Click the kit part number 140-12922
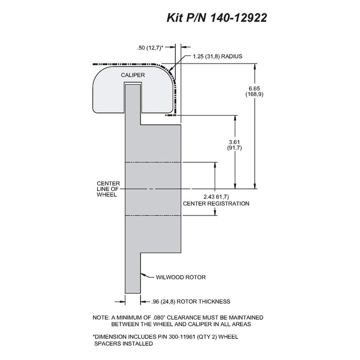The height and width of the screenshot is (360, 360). click(x=238, y=18)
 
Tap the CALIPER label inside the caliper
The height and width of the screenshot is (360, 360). click(x=133, y=75)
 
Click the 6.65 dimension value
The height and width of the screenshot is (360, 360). click(x=255, y=89)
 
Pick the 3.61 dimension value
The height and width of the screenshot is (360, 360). click(x=234, y=142)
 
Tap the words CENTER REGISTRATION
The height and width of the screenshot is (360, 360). click(x=216, y=204)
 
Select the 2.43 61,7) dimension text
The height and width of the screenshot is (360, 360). click(x=216, y=197)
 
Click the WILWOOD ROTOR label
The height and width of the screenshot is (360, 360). click(x=181, y=277)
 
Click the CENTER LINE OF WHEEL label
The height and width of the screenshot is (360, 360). click(x=108, y=189)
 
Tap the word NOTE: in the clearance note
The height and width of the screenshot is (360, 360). click(x=101, y=318)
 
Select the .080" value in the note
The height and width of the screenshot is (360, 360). click(x=159, y=318)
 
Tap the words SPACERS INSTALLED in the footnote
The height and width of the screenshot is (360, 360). click(x=123, y=344)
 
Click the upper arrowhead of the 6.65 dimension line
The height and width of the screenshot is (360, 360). click(x=255, y=66)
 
